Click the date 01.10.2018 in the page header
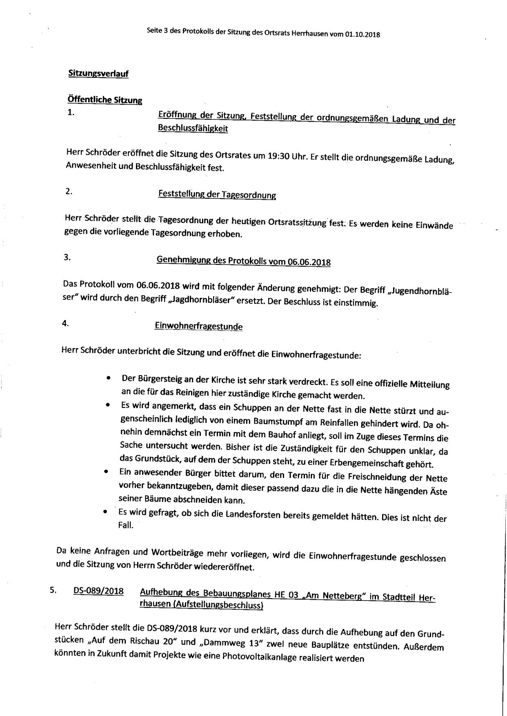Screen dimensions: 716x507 click(362, 35)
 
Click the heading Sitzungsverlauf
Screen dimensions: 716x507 click(98, 74)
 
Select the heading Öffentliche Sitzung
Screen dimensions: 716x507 click(105, 100)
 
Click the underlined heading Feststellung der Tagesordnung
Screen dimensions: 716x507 click(217, 195)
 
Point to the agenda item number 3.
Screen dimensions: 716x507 click(67, 257)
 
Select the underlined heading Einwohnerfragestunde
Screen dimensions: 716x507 click(198, 326)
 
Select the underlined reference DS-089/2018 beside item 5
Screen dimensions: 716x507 click(98, 591)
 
